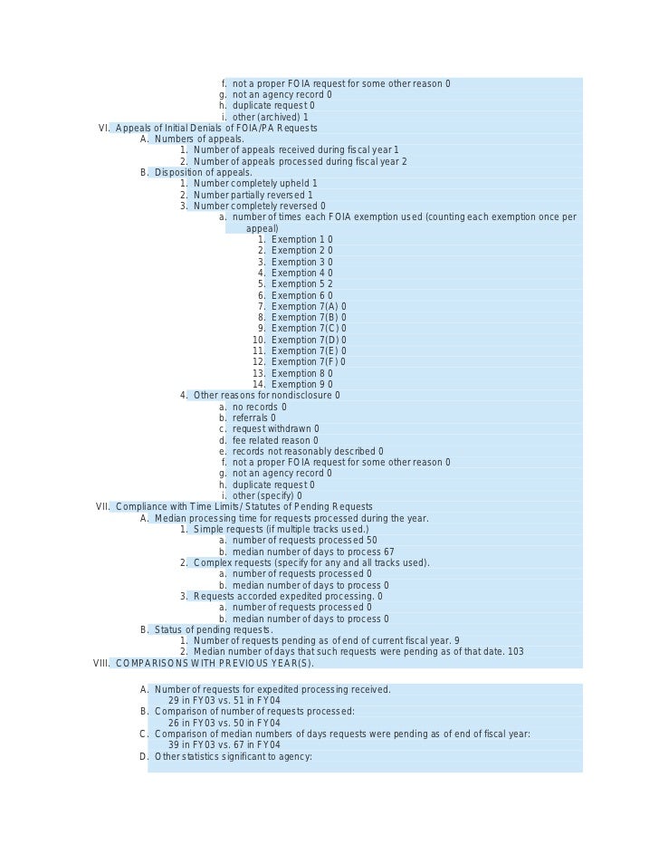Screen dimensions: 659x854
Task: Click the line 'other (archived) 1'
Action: click(270, 117)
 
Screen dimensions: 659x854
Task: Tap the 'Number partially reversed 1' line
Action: click(253, 195)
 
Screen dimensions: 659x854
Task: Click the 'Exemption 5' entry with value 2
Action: click(301, 283)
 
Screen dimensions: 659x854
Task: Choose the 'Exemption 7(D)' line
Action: click(308, 340)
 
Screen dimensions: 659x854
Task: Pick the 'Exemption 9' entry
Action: click(301, 384)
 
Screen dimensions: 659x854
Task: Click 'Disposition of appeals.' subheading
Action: click(203, 172)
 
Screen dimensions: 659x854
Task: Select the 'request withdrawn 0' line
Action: click(275, 428)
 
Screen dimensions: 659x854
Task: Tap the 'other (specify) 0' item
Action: click(267, 495)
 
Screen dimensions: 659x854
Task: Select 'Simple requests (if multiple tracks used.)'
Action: click(281, 529)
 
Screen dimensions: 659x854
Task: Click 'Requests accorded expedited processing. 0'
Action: click(287, 596)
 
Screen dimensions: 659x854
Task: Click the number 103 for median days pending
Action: click(515, 652)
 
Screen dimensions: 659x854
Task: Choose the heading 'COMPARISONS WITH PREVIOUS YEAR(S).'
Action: click(215, 663)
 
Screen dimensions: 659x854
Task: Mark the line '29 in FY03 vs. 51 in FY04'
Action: click(224, 700)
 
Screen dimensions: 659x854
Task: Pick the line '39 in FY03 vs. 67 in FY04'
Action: click(224, 744)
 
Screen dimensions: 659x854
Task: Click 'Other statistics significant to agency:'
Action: click(233, 756)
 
